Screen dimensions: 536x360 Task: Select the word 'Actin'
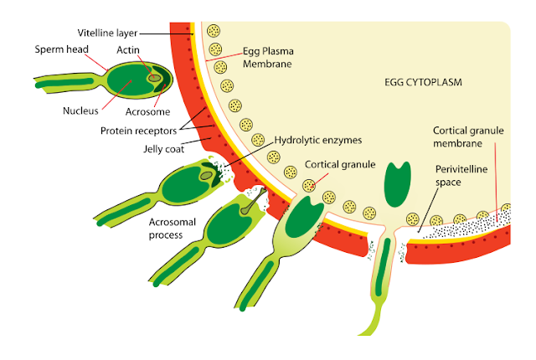pyautogui.click(x=127, y=49)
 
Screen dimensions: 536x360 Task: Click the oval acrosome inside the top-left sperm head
pyautogui.click(x=155, y=80)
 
